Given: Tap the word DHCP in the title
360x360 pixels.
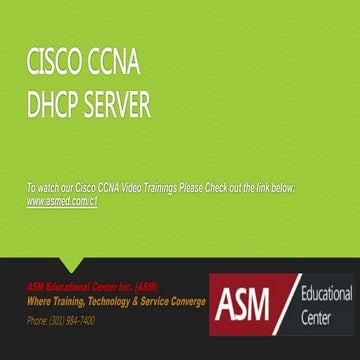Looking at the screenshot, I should pyautogui.click(x=56, y=105).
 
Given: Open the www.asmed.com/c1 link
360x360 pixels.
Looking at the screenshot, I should pyautogui.click(x=61, y=200).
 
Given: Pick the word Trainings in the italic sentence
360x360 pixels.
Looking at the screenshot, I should pyautogui.click(x=195, y=188).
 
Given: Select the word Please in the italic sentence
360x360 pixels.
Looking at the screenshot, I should pyautogui.click(x=229, y=188).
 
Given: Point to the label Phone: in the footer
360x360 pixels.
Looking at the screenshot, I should pyautogui.click(x=38, y=321).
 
